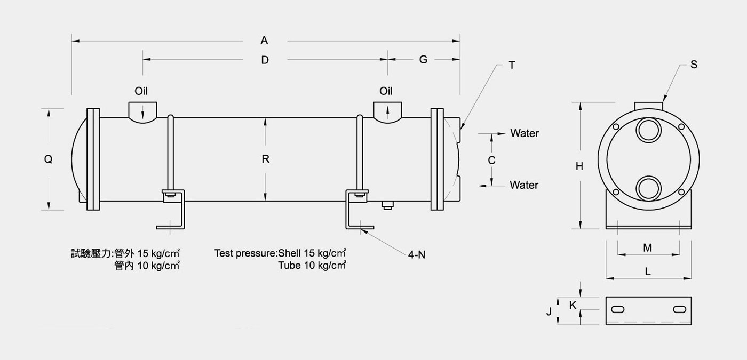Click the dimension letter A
(x=264, y=41)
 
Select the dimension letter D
(x=265, y=60)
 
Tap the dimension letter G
(x=423, y=59)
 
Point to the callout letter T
(x=512, y=65)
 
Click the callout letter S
(x=694, y=65)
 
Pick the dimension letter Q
(x=49, y=159)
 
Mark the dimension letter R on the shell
(x=266, y=159)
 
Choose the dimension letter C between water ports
(x=491, y=161)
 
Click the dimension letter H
(x=579, y=166)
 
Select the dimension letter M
(x=648, y=247)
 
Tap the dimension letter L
(x=648, y=271)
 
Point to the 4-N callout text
(x=417, y=255)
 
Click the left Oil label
(x=141, y=91)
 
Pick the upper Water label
(x=525, y=133)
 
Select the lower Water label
(x=524, y=185)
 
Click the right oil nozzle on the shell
(x=387, y=113)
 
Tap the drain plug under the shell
(x=387, y=205)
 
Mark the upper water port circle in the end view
(x=649, y=130)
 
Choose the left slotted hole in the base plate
(x=618, y=310)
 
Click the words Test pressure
(x=245, y=253)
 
